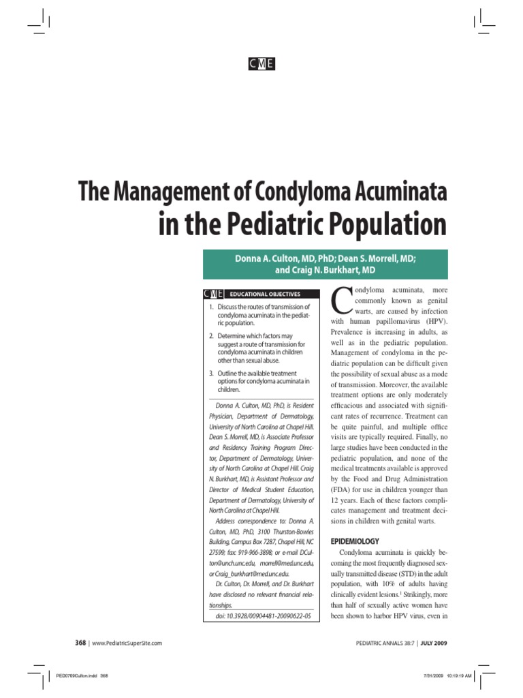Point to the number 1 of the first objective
tap(211, 307)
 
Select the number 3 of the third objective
tap(211, 374)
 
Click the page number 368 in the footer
tap(80, 643)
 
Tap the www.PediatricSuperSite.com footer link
tap(127, 643)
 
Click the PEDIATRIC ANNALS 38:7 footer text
tap(379, 643)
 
